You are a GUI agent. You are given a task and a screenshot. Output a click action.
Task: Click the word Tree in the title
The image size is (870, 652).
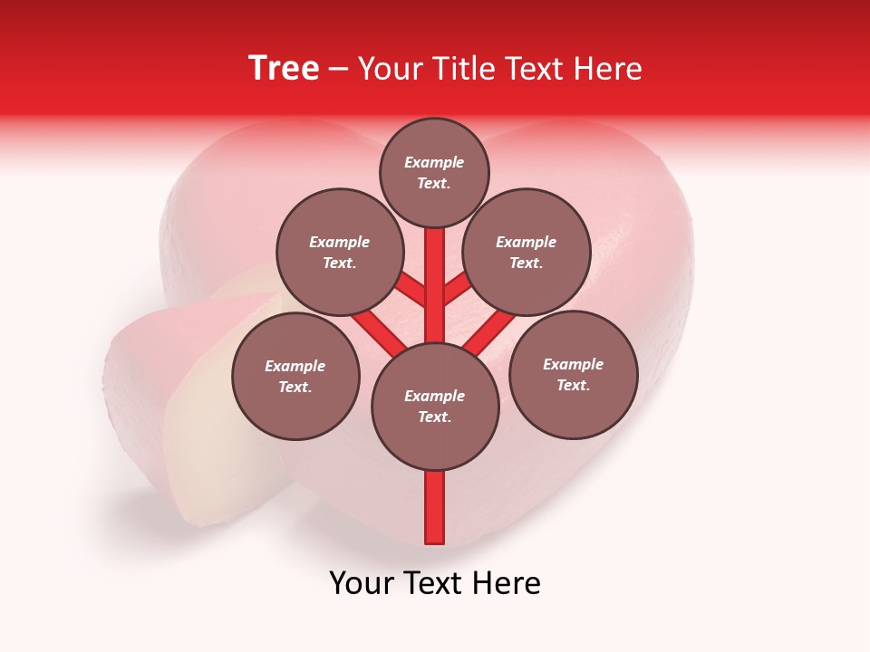click(x=284, y=69)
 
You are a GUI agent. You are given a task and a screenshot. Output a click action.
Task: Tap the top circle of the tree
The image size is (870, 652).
click(x=434, y=172)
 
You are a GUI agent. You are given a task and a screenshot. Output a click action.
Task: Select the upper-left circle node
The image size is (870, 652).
click(x=340, y=252)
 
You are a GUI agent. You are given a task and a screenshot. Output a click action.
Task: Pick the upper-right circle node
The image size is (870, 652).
click(x=527, y=252)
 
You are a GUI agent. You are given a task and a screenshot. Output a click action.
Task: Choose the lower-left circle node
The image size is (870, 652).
click(x=295, y=376)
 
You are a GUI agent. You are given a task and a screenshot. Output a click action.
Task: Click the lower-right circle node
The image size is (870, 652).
click(x=573, y=374)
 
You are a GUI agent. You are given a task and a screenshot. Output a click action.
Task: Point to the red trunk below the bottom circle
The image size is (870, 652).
click(x=435, y=507)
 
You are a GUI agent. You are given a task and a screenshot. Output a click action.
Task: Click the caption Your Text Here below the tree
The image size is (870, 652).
click(x=435, y=583)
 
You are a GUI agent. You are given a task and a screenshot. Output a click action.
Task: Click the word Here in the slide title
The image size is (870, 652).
click(x=610, y=69)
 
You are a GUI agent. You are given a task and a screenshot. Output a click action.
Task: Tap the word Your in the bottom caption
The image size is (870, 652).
click(x=360, y=583)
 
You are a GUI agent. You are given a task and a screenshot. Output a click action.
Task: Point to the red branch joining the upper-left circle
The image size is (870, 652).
click(x=412, y=290)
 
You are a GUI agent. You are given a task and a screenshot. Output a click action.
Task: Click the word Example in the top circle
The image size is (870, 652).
click(x=434, y=162)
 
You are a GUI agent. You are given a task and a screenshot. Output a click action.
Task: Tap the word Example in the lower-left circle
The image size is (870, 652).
click(x=295, y=366)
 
